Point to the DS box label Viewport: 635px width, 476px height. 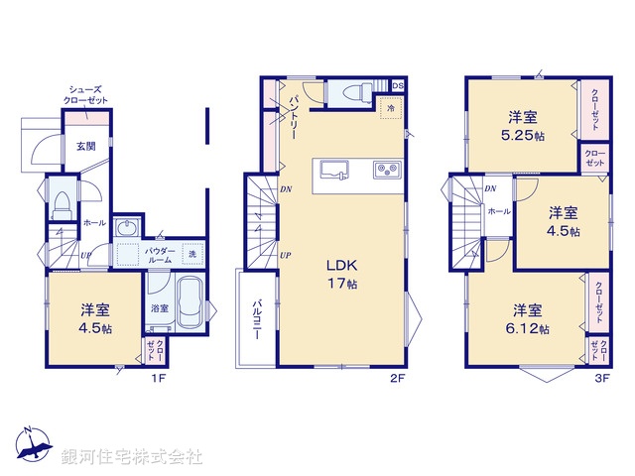click(397, 86)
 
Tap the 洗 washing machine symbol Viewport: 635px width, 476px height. click(192, 253)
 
